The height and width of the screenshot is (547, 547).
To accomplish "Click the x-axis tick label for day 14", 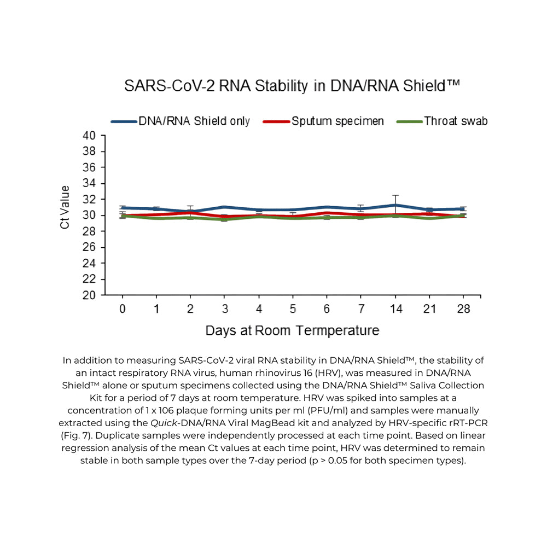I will [396, 309].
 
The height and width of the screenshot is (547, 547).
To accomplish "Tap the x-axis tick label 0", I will [123, 309].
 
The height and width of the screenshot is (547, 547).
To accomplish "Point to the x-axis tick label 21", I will [430, 309].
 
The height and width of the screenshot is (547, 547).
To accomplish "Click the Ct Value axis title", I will [65, 208].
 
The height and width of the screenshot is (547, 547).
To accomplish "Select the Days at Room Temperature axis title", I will [292, 331].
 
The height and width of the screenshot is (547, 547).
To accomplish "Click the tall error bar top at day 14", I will [395, 195].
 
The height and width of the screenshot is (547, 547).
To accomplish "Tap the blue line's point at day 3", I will [225, 207].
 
